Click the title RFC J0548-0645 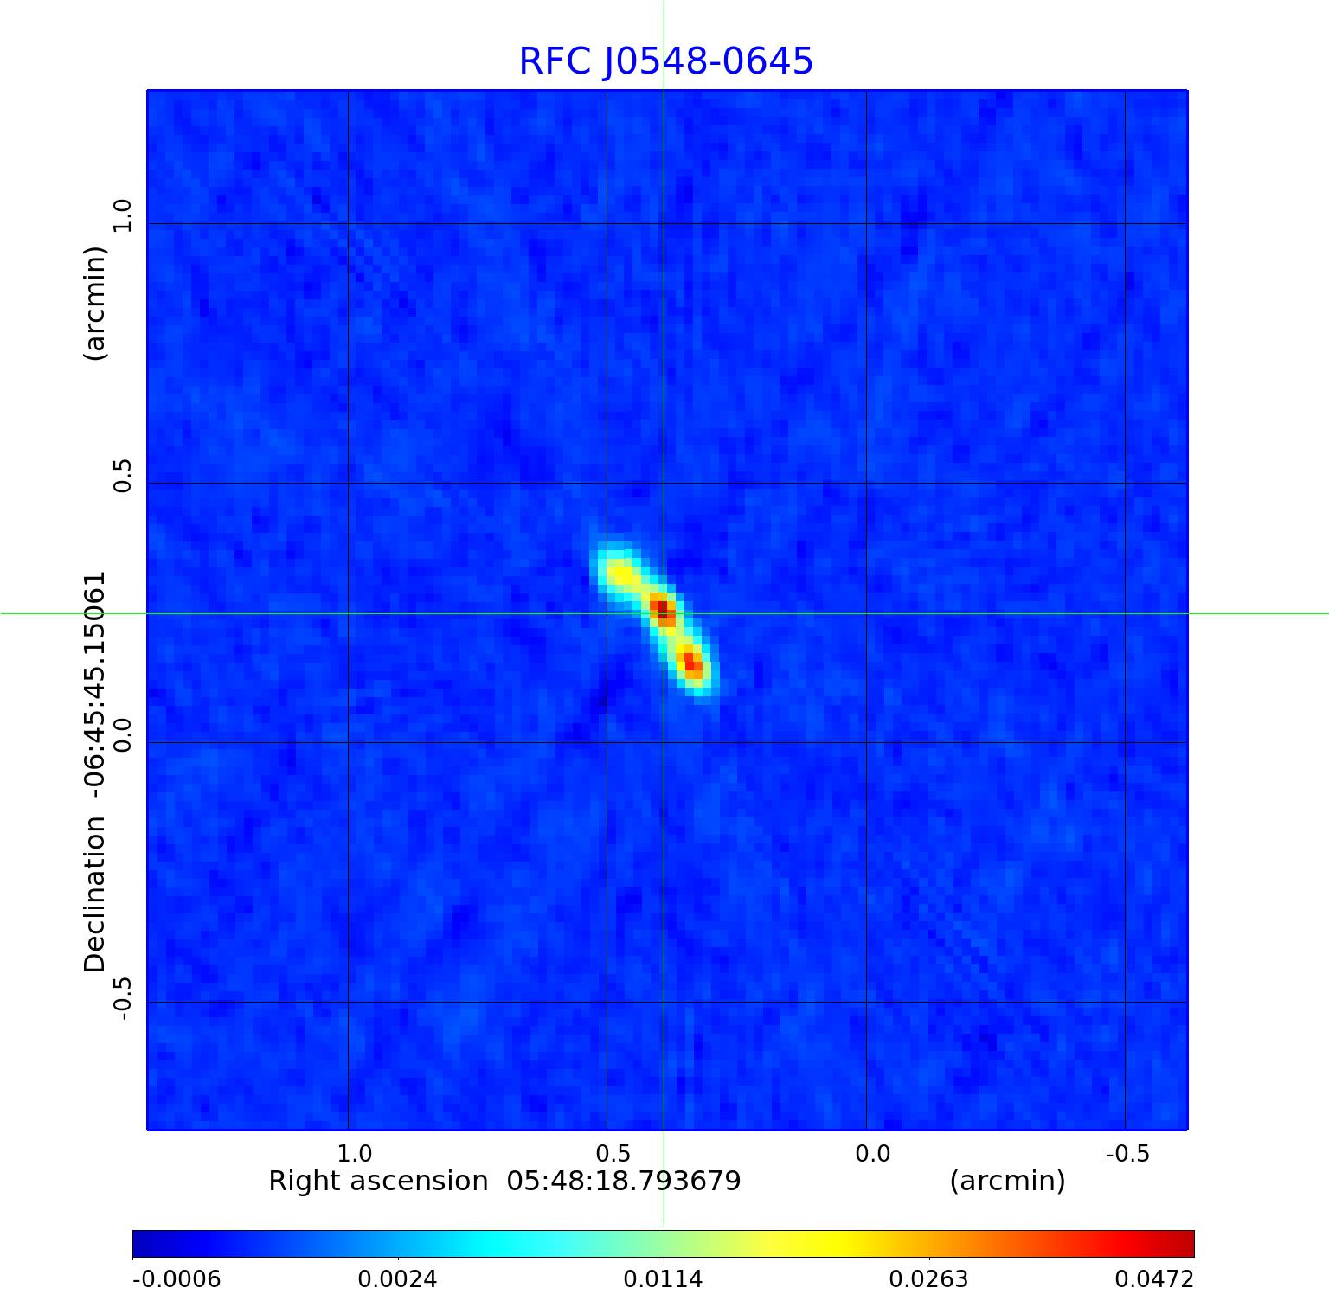[665, 61]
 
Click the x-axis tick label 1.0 [354, 1154]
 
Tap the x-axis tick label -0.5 [1127, 1154]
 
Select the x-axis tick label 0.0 [872, 1154]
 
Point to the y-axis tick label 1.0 [123, 215]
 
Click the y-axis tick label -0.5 [123, 998]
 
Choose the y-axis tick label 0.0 [123, 735]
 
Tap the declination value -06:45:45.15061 [94, 683]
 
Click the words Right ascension [378, 1182]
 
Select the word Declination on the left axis [94, 894]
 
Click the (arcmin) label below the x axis [1007, 1182]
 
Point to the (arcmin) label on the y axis [94, 303]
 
